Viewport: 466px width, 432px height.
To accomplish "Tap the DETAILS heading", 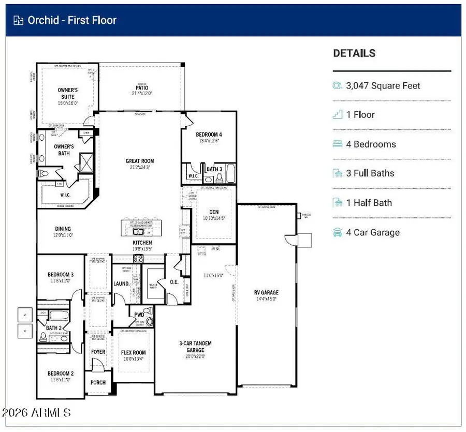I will [x=354, y=53].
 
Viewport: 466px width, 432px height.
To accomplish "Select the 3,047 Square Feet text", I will [x=383, y=86].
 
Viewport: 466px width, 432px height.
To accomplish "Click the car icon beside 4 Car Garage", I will [x=338, y=232].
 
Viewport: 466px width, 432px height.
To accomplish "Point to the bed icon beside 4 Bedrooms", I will [x=338, y=144].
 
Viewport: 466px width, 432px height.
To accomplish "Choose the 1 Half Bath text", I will [x=369, y=203].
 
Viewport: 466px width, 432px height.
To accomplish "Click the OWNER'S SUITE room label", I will [x=67, y=94].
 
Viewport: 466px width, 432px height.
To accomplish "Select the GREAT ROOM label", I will [x=140, y=161].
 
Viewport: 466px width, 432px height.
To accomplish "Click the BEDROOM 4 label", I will [x=209, y=135].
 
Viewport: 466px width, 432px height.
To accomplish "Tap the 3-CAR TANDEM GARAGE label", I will [x=196, y=347].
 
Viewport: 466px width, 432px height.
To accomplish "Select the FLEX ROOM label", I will [x=133, y=353].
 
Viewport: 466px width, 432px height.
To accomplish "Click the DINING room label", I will [x=63, y=229].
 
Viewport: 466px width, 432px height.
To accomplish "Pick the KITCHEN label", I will [x=142, y=242].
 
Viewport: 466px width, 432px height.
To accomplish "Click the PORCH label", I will [x=98, y=383].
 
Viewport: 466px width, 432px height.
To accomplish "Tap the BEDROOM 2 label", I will [x=61, y=374].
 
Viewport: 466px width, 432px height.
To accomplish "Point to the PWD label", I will [x=139, y=315].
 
